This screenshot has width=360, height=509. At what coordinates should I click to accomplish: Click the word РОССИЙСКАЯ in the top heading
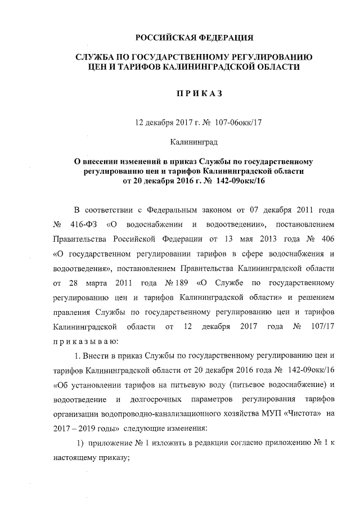(x=164, y=38)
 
